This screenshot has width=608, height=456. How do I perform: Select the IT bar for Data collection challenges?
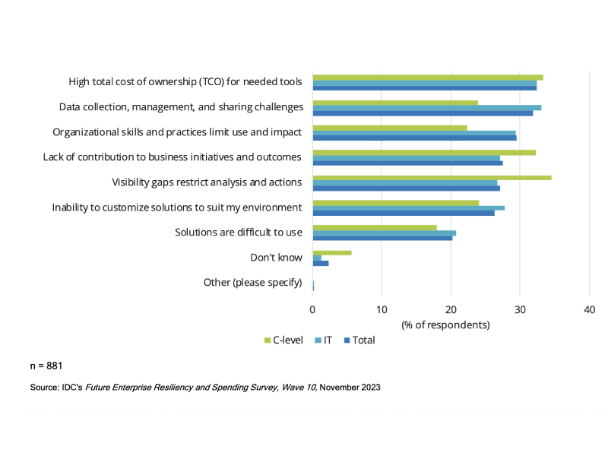click(x=426, y=108)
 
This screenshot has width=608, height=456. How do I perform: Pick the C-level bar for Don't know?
click(x=332, y=252)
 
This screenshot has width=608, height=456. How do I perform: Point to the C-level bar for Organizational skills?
click(x=390, y=128)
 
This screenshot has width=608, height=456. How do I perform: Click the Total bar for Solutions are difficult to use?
click(x=382, y=238)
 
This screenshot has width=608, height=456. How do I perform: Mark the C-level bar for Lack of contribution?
click(x=424, y=153)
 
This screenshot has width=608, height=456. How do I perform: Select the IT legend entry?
click(x=323, y=340)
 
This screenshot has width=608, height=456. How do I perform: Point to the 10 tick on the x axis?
click(x=382, y=309)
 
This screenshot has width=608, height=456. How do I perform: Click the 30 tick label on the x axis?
click(x=520, y=309)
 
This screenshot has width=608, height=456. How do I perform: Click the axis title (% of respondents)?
click(x=445, y=325)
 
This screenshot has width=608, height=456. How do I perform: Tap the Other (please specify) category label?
click(x=252, y=283)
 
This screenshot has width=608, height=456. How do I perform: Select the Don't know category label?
click(x=276, y=258)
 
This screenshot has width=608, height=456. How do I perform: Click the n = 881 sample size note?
click(x=46, y=366)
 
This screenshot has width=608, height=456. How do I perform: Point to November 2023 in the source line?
click(x=350, y=387)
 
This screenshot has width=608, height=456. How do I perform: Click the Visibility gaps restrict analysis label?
click(x=207, y=182)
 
